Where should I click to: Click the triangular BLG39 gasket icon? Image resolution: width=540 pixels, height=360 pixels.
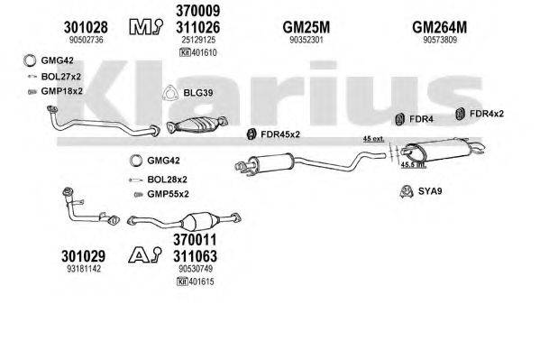click(168, 92)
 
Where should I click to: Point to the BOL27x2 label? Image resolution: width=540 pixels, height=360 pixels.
click(63, 78)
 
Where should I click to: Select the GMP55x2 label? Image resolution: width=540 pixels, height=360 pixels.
click(169, 194)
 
